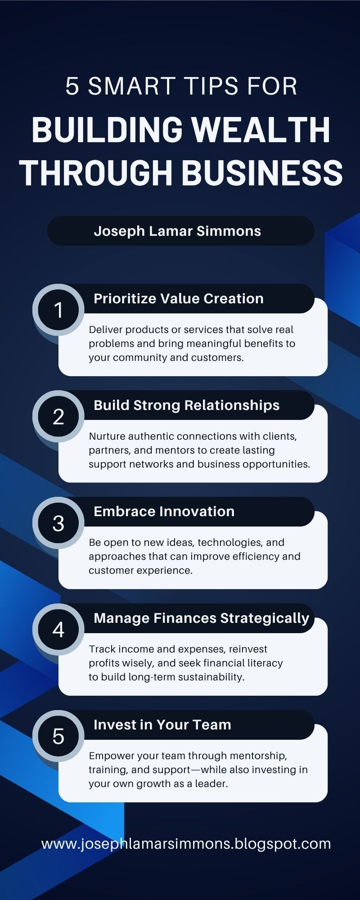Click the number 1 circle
(58, 310)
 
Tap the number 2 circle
(58, 416)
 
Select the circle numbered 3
(58, 523)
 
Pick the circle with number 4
(58, 630)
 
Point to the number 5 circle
(58, 736)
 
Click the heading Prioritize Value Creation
(179, 298)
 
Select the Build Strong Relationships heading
(187, 405)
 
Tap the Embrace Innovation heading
(164, 511)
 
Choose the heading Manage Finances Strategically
(202, 618)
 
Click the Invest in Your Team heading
(162, 724)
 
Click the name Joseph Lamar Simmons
(177, 231)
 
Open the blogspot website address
(186, 844)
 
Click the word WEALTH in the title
(261, 130)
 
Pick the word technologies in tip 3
(233, 543)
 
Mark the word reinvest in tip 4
(248, 649)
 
